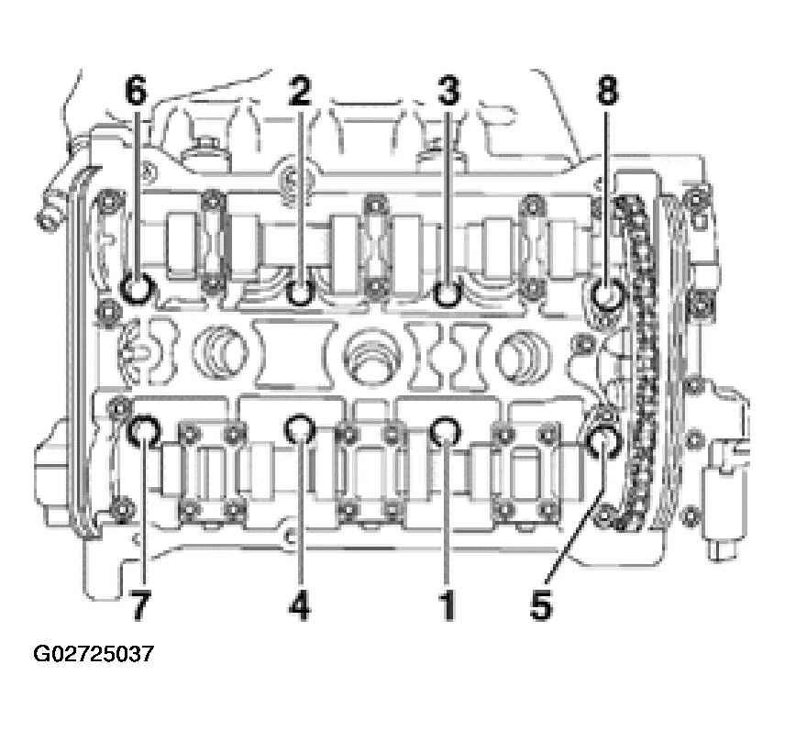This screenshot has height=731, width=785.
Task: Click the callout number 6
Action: point(136,92)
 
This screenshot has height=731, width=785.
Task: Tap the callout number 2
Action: point(300,92)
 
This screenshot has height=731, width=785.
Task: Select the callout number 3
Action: point(448,92)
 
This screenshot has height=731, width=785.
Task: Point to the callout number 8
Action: point(607,92)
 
